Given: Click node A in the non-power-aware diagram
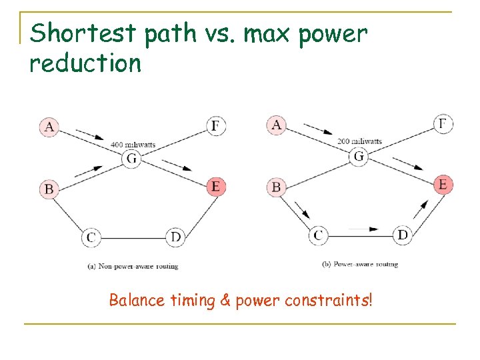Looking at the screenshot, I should click(49, 127).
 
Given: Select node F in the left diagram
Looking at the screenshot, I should click(215, 125).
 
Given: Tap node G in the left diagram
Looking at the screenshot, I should click(131, 159).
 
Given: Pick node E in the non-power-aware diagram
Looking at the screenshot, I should click(215, 186).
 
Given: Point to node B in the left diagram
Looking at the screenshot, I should click(49, 189).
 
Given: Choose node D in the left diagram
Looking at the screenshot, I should click(175, 236).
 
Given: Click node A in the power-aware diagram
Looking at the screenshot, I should click(276, 125).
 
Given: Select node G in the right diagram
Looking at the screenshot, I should click(359, 157).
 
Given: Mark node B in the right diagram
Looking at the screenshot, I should click(276, 187).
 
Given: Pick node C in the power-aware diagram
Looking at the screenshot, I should click(318, 235).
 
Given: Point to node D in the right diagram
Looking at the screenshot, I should click(403, 235).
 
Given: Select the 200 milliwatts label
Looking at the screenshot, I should click(360, 141).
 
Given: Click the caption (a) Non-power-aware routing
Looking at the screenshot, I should click(133, 266).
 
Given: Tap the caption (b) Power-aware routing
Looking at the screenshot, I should click(360, 264).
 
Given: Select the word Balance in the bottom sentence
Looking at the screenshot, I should click(136, 300).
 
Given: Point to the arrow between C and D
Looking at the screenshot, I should click(362, 229).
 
